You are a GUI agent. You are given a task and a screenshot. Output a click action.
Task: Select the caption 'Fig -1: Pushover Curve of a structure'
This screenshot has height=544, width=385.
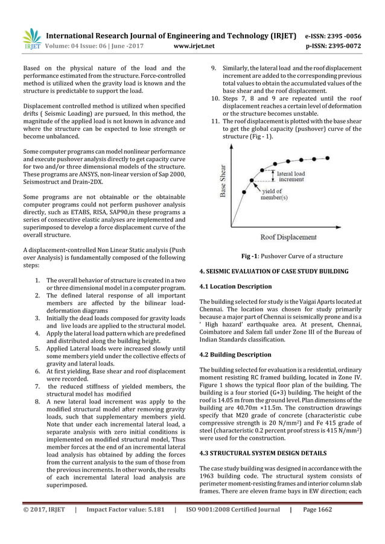pos(292,256)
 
